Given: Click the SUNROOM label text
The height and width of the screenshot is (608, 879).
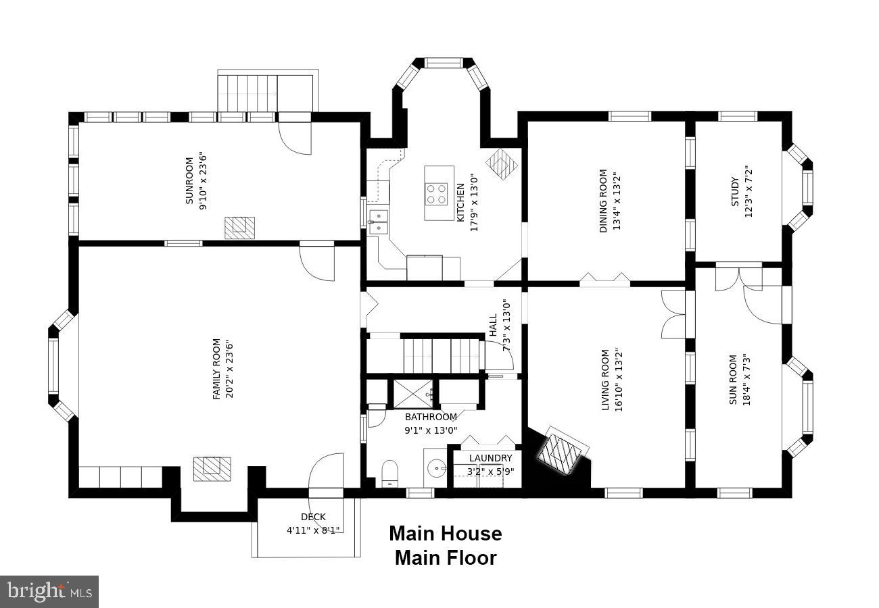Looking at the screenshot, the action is click(x=189, y=181).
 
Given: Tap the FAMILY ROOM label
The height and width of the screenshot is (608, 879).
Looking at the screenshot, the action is click(x=216, y=369).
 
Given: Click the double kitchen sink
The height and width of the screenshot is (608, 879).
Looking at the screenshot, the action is click(x=379, y=222).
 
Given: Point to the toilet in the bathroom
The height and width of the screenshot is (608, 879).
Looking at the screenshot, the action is click(x=389, y=473).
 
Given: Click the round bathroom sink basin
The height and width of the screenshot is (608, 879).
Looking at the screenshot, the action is click(x=436, y=468).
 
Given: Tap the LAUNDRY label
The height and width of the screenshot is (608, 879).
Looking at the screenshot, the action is click(x=490, y=458).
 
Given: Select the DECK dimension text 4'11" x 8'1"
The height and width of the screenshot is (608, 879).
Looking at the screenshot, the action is click(x=313, y=530).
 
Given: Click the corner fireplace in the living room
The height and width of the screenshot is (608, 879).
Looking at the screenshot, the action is click(x=561, y=450).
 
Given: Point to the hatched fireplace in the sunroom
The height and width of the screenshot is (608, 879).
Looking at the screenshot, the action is click(x=239, y=228).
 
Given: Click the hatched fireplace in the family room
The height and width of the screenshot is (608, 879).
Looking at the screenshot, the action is click(x=212, y=469).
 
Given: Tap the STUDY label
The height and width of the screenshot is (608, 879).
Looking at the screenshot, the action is click(x=734, y=192).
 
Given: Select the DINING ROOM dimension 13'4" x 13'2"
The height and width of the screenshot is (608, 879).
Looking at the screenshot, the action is click(x=617, y=201).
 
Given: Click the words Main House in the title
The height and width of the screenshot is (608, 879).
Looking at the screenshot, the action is click(x=446, y=534).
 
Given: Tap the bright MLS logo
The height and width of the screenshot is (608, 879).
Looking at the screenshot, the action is click(x=49, y=592).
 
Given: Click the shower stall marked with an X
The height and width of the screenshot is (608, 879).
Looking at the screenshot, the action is click(x=413, y=394).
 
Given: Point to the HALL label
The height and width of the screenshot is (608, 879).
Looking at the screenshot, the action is click(x=494, y=325).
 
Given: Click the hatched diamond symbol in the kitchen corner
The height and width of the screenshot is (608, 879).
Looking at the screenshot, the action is click(x=502, y=163).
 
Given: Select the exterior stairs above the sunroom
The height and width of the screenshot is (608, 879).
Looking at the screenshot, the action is click(x=268, y=92).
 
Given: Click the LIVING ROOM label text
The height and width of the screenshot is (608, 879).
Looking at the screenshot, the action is click(x=605, y=380).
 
